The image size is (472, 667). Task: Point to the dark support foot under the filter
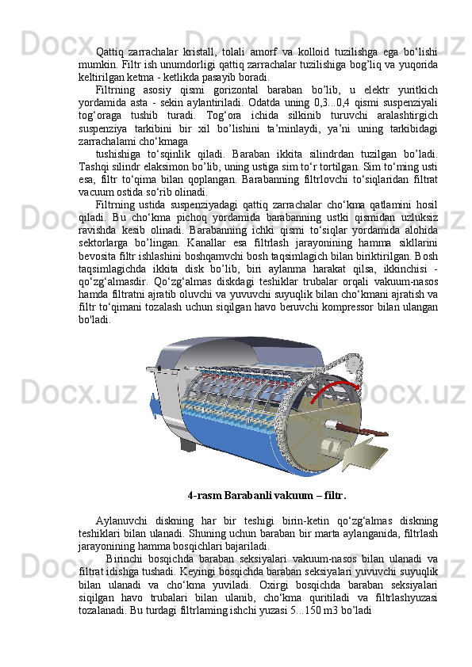187,444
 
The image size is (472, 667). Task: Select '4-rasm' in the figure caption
204,497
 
